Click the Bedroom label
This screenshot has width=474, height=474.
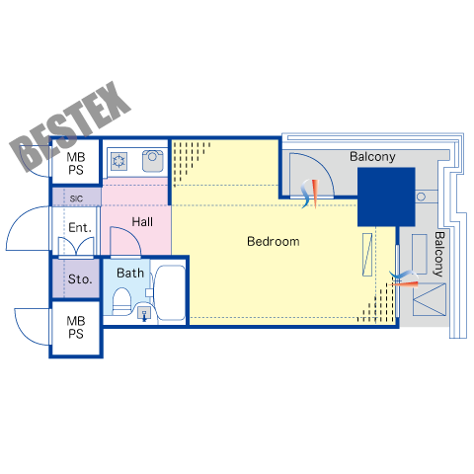[274, 241]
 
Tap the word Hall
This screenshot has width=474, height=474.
[142, 221]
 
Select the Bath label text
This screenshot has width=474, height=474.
[130, 273]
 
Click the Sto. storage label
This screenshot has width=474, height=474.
[80, 279]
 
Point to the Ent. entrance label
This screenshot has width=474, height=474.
[80, 227]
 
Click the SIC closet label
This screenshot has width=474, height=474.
[76, 198]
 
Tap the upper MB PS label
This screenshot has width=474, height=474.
[76, 163]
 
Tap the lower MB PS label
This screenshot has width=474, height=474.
[76, 327]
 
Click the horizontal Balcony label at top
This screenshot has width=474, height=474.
[372, 157]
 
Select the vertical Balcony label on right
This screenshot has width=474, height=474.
[439, 254]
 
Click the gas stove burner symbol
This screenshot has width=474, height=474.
[118, 161]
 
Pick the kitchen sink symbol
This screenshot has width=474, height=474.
[152, 161]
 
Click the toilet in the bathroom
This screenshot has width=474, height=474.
[121, 301]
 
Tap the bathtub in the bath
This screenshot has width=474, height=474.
[170, 292]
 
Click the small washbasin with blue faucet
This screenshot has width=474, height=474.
[144, 313]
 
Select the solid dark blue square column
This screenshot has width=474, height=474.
[386, 197]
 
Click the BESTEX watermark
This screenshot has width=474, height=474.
[70, 126]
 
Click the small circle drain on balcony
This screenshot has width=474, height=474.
[421, 197]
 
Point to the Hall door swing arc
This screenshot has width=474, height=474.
[131, 232]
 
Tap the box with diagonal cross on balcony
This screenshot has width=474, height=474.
[430, 299]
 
